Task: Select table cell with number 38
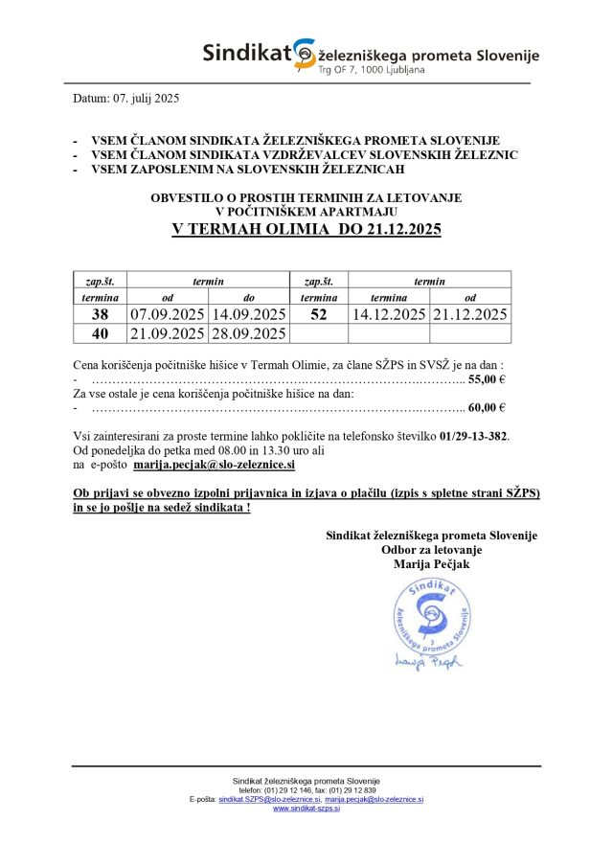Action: click(x=100, y=314)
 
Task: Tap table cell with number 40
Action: click(x=100, y=333)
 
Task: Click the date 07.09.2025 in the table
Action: click(x=168, y=314)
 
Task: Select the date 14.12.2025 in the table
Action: click(x=389, y=314)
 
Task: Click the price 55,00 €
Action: click(x=487, y=379)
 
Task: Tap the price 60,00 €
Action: click(x=487, y=407)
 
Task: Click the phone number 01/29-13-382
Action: click(x=473, y=436)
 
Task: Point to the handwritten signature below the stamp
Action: click(x=427, y=660)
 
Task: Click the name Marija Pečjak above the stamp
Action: click(x=432, y=564)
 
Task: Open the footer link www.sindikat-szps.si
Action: click(x=306, y=809)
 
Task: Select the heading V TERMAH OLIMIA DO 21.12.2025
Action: click(x=306, y=230)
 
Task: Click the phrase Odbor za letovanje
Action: click(x=431, y=550)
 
